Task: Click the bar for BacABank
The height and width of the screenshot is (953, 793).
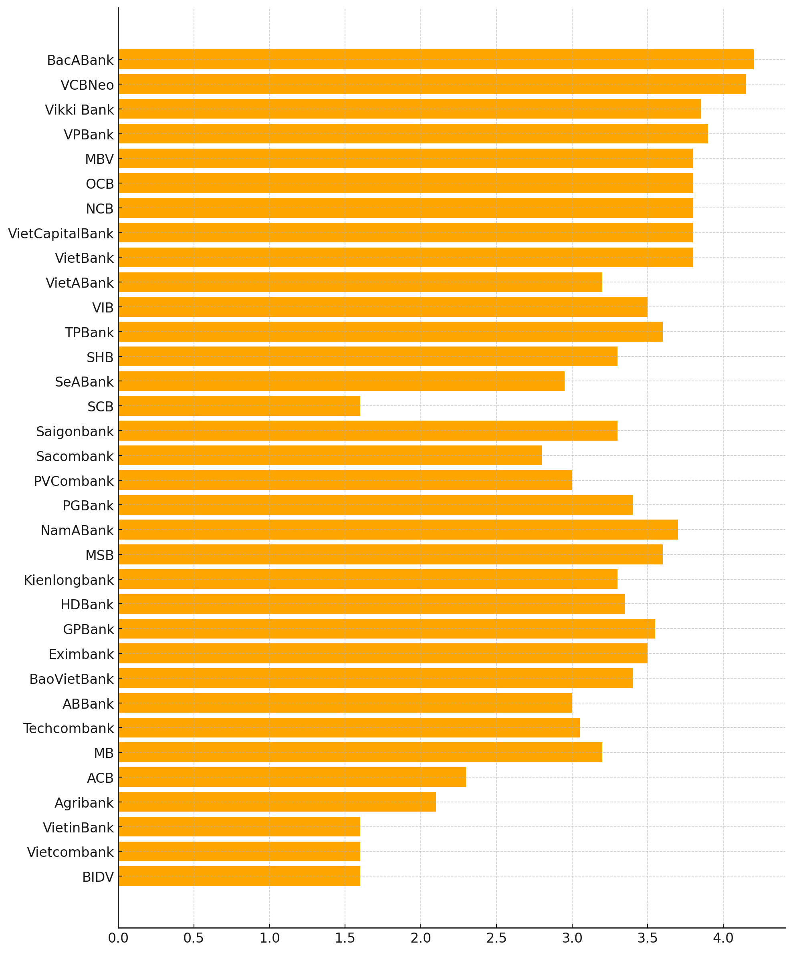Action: point(436,59)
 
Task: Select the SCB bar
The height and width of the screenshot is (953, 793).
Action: point(239,406)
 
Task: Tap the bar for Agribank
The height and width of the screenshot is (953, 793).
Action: point(277,802)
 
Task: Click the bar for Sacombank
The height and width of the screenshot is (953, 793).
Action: point(330,455)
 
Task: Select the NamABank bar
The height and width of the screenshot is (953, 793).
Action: point(398,530)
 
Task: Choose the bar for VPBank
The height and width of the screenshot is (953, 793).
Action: point(413,134)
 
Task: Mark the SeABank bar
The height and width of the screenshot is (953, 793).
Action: point(341,381)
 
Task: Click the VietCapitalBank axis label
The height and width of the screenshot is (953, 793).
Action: point(61,234)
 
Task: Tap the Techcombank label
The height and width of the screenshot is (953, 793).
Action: point(69,728)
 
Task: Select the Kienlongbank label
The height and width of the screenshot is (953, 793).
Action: point(69,580)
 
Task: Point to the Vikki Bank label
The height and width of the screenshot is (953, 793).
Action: point(79,110)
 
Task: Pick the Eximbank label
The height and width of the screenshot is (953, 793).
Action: point(81,655)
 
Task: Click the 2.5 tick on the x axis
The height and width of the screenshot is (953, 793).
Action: point(496,938)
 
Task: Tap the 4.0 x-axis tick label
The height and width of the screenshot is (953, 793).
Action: point(723,938)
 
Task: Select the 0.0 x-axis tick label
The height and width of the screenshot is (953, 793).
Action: point(118,938)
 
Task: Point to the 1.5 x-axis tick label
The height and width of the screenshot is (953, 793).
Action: point(345,938)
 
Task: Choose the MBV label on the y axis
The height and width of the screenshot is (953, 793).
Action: point(99,159)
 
